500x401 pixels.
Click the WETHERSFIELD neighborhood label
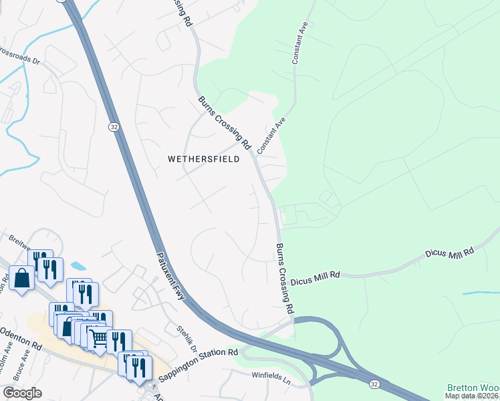203,159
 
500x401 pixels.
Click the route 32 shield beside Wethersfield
115,126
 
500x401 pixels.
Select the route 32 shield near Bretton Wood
374,384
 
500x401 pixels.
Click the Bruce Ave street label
21,366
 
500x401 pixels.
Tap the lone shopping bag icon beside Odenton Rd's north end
21,278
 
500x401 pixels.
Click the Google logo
22,393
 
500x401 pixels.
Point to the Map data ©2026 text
472,396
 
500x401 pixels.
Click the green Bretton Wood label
473,388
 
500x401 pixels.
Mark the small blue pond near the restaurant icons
78,266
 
